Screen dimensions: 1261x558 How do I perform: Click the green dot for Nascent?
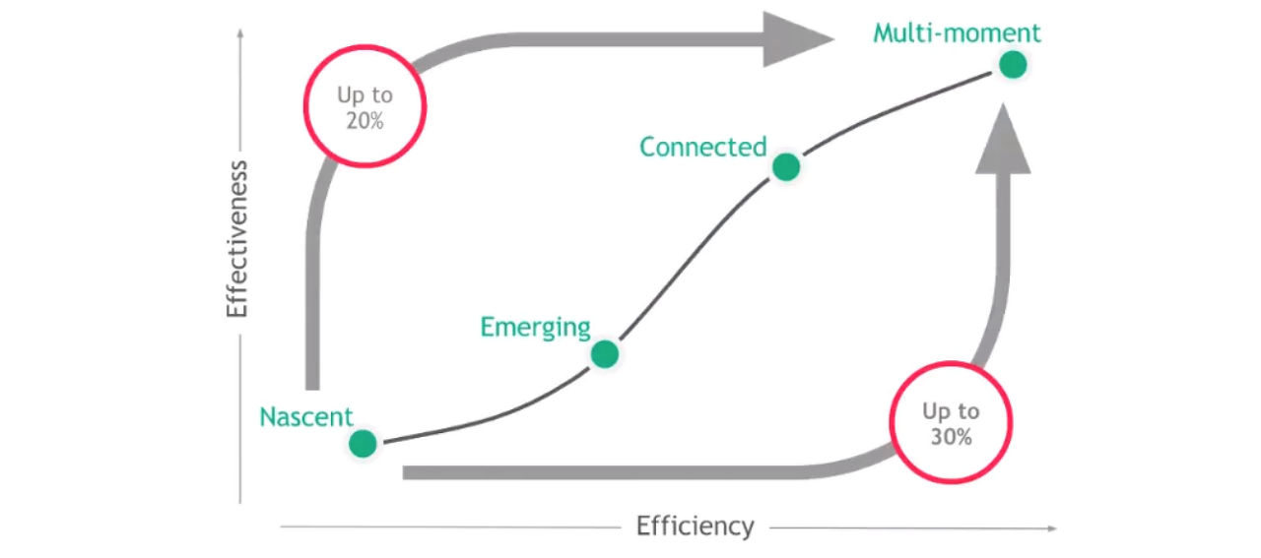(x=363, y=444)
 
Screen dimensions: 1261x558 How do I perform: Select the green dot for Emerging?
(x=605, y=353)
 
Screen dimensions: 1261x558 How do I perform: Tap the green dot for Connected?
(x=785, y=167)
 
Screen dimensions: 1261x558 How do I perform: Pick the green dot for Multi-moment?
(x=1013, y=65)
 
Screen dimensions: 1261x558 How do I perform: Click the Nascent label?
(x=306, y=416)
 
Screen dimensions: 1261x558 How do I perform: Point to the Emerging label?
(x=535, y=327)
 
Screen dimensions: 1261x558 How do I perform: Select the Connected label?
(x=702, y=147)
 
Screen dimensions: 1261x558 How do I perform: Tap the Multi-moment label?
(x=957, y=33)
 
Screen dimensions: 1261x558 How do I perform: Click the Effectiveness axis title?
(x=236, y=239)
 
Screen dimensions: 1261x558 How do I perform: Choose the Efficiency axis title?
(x=695, y=527)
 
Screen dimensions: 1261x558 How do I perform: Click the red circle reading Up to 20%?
(x=365, y=106)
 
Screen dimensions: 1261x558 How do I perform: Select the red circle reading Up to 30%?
(x=951, y=423)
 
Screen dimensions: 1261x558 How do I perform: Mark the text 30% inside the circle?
(x=952, y=437)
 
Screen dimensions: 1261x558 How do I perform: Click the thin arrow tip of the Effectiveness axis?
(x=239, y=34)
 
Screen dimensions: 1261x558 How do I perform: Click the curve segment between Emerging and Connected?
(x=696, y=258)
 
